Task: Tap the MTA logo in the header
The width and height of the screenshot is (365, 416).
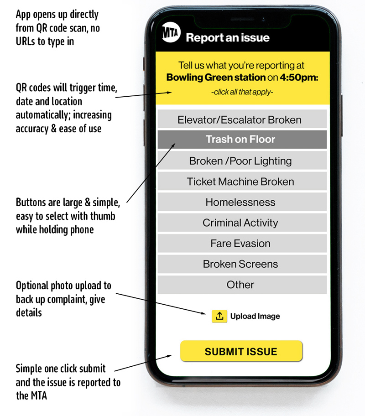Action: click(x=171, y=33)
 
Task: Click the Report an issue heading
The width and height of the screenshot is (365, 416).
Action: click(x=228, y=38)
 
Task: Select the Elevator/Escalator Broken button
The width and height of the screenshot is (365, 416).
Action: click(x=242, y=120)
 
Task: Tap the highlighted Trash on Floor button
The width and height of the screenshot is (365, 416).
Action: click(x=242, y=139)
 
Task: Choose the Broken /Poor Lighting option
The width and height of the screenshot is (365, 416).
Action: click(x=242, y=161)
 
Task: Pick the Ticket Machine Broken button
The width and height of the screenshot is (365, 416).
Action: click(x=242, y=181)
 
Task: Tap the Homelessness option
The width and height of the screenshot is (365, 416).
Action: click(x=242, y=202)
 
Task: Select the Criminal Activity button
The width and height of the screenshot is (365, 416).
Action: click(x=242, y=223)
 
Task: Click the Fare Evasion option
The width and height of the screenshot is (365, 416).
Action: click(x=242, y=243)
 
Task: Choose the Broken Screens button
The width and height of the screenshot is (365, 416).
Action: click(x=242, y=264)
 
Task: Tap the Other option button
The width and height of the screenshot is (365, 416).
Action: click(x=242, y=285)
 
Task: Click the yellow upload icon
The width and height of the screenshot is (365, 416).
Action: click(x=219, y=316)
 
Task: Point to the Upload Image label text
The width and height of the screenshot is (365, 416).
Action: click(x=255, y=316)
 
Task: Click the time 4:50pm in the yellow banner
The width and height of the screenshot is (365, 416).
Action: click(x=299, y=77)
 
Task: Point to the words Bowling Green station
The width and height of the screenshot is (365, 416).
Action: click(x=216, y=77)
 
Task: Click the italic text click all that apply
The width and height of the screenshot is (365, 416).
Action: click(x=242, y=92)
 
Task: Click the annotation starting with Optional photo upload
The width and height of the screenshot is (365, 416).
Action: click(x=63, y=299)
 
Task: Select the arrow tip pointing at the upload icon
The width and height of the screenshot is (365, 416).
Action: click(x=206, y=314)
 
